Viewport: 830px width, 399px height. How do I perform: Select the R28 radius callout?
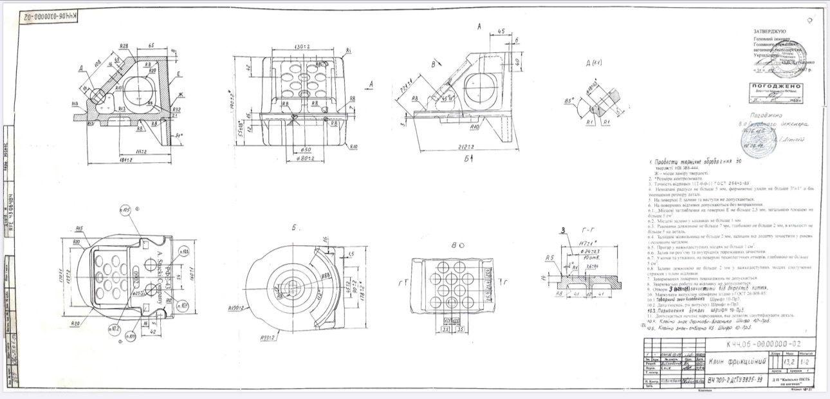[125, 47]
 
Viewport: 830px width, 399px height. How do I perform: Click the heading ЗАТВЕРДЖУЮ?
[770, 30]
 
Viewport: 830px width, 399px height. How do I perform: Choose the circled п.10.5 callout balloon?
[126, 210]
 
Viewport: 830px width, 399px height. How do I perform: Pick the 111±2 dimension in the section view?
[132, 151]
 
